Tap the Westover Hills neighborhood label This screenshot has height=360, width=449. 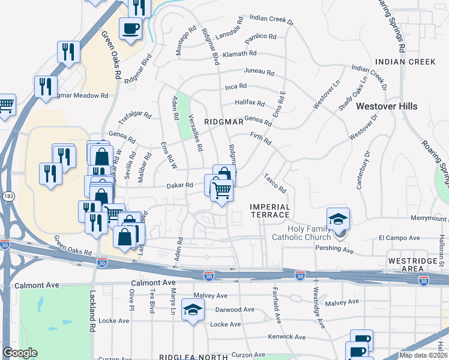(x=386, y=106)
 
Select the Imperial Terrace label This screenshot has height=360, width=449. (x=270, y=211)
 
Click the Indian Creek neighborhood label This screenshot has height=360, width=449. (x=397, y=62)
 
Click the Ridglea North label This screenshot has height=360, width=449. (x=193, y=356)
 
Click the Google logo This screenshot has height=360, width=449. (x=20, y=353)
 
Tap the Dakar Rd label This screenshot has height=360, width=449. (x=180, y=185)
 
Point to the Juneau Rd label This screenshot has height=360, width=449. (x=258, y=72)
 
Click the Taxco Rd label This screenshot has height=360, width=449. (x=275, y=183)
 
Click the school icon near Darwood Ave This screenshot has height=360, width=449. (x=192, y=309)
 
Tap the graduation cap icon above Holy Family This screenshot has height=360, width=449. (x=338, y=218)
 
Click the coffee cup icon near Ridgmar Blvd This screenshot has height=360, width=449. (x=130, y=27)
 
